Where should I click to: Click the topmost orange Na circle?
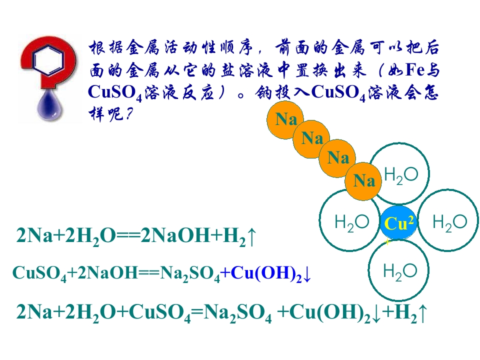pyautogui.click(x=285, y=119)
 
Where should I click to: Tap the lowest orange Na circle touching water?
pyautogui.click(x=363, y=181)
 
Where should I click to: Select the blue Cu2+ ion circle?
pyautogui.click(x=398, y=222)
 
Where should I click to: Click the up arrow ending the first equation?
pyautogui.click(x=251, y=236)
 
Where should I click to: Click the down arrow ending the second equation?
pyautogui.click(x=307, y=274)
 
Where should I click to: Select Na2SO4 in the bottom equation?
pyautogui.click(x=237, y=313)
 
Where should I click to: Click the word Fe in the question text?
pyautogui.click(x=415, y=70)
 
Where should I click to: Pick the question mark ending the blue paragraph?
pyautogui.click(x=129, y=114)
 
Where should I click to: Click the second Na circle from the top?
pyautogui.click(x=311, y=139)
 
